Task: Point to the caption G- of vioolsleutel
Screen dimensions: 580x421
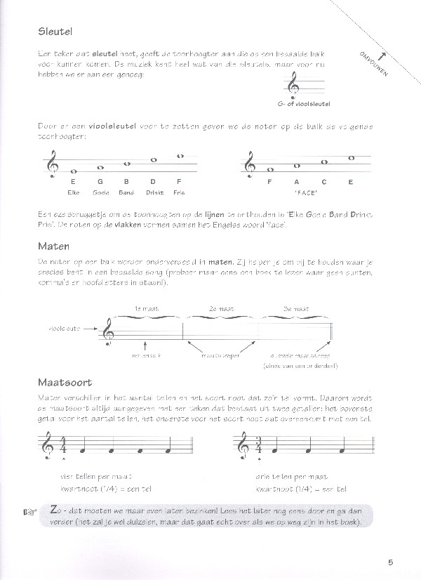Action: pos(304,104)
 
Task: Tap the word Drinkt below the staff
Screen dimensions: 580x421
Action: pos(154,190)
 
